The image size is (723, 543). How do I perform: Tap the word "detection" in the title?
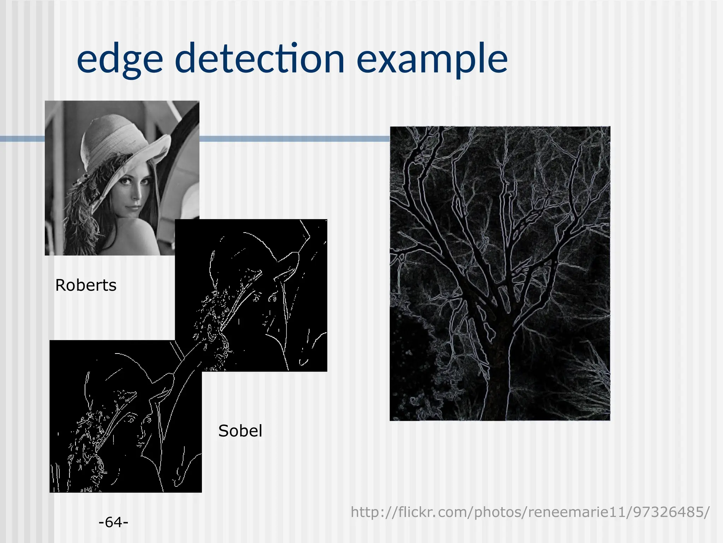259,58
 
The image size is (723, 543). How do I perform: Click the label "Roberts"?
86,285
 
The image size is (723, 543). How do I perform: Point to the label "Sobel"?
240,431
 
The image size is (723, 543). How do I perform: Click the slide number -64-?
113,522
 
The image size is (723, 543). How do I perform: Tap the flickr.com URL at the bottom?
530,512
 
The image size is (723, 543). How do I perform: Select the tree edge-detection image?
500,273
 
